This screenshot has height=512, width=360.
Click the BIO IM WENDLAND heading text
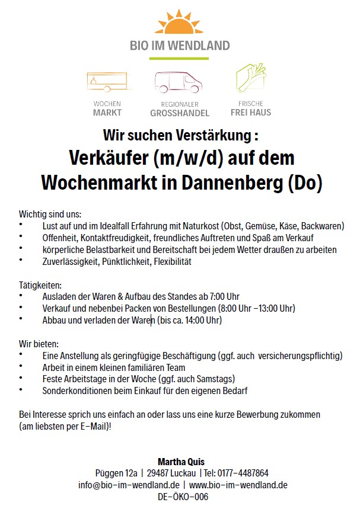[x=180, y=45]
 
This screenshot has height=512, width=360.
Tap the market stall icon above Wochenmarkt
[x=106, y=83]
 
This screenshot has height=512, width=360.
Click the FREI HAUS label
[x=251, y=112]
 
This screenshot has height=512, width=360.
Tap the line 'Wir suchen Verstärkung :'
[x=180, y=135]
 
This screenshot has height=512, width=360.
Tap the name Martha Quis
[x=180, y=461]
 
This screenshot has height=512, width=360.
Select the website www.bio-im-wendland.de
[x=238, y=485]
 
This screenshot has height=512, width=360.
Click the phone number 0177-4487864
[x=243, y=473]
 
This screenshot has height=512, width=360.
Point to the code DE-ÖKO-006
[x=180, y=497]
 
